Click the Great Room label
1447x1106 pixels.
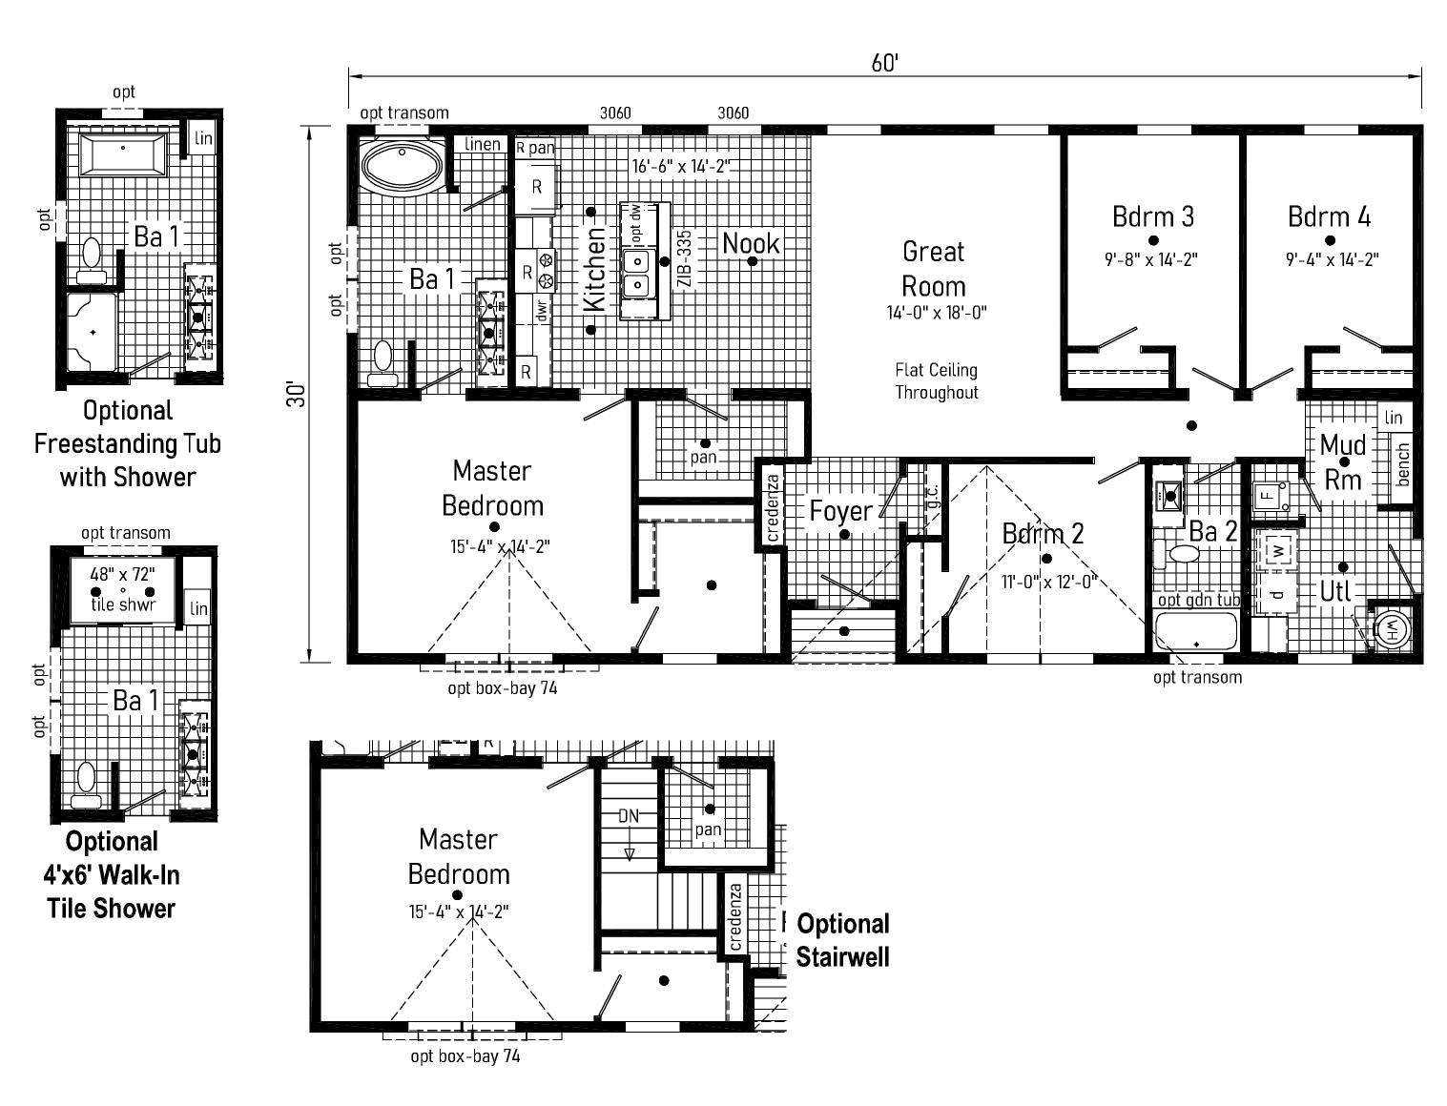pos(933,269)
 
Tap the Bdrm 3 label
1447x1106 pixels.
pos(1153,216)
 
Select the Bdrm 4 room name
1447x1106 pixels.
pos(1329,216)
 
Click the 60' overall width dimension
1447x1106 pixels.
pos(884,63)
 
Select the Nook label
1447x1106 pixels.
pos(751,244)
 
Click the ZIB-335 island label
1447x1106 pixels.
pos(685,257)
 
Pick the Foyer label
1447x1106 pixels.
pos(841,510)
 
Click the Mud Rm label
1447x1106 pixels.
pos(1343,461)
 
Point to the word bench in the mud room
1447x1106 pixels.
pos(1402,464)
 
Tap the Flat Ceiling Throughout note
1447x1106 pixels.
pos(936,381)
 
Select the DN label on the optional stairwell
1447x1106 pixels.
pos(629,816)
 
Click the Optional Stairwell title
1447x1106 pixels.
pos(842,941)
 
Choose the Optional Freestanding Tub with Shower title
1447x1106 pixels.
pos(128,444)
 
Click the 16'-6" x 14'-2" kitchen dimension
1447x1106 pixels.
pos(682,166)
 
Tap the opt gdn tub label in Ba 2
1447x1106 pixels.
pos(1199,600)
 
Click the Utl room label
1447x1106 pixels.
pos(1335,591)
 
